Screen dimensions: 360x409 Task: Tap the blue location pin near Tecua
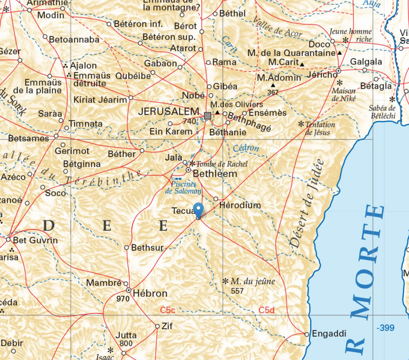click(199, 211)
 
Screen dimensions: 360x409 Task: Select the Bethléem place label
click(214, 174)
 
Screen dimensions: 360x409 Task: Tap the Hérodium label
click(241, 206)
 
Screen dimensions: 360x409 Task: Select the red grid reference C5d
click(266, 310)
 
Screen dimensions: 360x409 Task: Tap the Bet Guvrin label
click(35, 240)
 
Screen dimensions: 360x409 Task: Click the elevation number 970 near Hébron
click(123, 298)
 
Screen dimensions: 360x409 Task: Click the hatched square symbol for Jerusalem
click(207, 115)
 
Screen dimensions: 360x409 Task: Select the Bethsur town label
click(147, 247)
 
